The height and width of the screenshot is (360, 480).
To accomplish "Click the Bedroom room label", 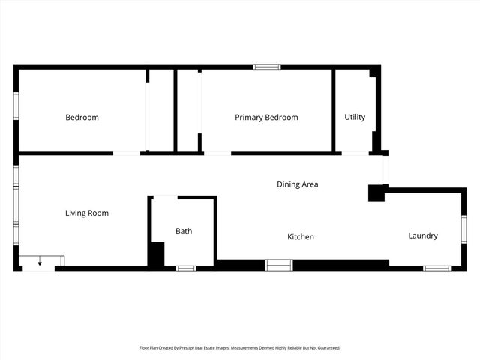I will [82, 118].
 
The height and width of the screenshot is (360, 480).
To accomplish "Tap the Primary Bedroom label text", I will [266, 118].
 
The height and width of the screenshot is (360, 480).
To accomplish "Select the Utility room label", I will [355, 118].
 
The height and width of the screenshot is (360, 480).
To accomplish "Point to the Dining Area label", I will [298, 184].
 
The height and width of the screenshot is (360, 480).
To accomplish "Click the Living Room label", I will [87, 214].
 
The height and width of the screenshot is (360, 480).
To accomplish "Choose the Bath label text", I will [184, 231].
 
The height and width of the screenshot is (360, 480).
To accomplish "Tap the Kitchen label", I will [301, 237].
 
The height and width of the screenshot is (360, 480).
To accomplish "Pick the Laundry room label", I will [423, 236].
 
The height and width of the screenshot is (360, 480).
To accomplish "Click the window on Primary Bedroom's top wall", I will [266, 67].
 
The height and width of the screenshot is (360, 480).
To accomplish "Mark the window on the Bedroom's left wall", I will [16, 106].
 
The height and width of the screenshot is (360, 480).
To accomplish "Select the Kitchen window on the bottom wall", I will [279, 265].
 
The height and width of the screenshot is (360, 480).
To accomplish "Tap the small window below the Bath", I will [185, 268].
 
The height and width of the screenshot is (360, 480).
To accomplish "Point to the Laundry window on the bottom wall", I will [436, 268].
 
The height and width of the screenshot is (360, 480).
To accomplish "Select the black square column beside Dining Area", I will [376, 193].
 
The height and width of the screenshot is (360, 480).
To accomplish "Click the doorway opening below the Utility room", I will [355, 154].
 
